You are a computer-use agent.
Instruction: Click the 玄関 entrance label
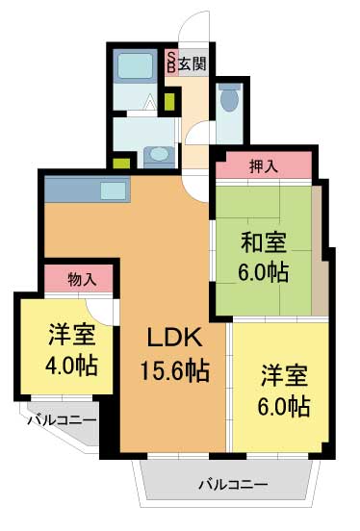[192, 63]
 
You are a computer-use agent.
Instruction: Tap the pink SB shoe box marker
[171, 63]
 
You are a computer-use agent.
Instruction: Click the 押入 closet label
[264, 167]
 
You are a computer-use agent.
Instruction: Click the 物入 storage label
[82, 280]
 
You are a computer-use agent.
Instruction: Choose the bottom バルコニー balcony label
[234, 484]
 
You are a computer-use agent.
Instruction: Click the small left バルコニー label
[61, 419]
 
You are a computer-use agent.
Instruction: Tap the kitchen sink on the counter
[113, 190]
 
